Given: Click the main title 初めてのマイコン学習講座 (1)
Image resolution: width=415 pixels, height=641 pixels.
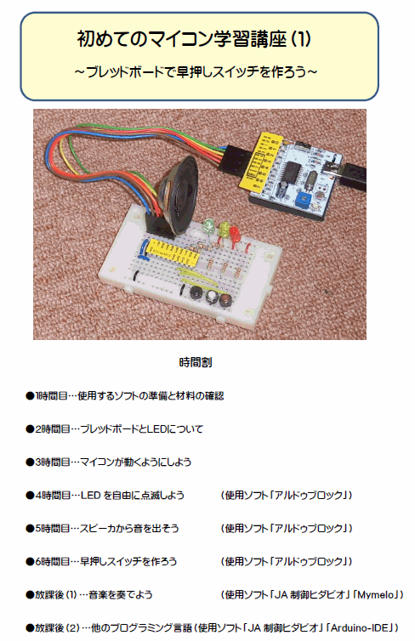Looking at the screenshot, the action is (194, 39).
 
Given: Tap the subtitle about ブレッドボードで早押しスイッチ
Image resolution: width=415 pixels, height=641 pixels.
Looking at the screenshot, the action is (196, 72).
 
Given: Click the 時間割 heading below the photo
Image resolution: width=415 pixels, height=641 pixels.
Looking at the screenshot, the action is (196, 362).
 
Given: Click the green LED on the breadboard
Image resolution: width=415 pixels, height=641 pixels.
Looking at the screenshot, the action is (209, 225).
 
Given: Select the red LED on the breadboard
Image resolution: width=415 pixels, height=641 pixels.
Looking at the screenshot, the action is (235, 234).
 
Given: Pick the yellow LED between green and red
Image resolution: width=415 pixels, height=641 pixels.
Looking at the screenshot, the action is (225, 230).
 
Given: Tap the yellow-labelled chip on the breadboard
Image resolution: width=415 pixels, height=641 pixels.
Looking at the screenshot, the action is (173, 252).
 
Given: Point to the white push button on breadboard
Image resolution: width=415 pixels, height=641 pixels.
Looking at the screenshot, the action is (213, 296).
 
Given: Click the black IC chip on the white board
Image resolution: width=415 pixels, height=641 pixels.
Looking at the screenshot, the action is (293, 172).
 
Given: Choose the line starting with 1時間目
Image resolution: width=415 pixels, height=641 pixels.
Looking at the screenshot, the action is (125, 395).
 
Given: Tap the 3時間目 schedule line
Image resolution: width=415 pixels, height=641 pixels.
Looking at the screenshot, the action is (108, 462).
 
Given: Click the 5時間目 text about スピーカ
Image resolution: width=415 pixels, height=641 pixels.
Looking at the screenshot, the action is (102, 529).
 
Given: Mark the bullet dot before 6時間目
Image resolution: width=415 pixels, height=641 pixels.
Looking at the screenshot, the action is (30, 562).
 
